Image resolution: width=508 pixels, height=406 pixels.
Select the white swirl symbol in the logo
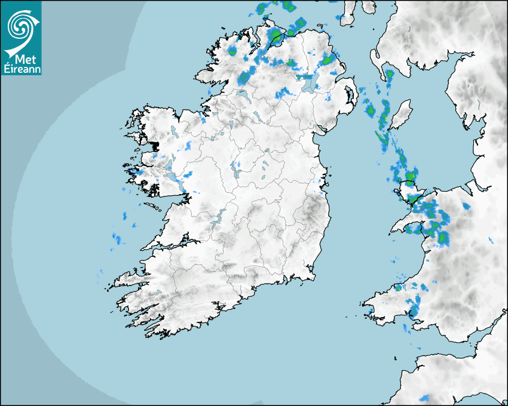coord(21,27)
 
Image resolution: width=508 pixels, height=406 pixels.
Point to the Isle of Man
coord(400,113)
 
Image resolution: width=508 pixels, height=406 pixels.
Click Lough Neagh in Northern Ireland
coord(309,83)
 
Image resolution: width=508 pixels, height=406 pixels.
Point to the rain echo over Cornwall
coord(426,398)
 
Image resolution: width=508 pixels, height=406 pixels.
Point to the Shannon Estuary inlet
coord(173,244)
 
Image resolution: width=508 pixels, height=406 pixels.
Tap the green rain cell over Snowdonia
coord(443,238)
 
